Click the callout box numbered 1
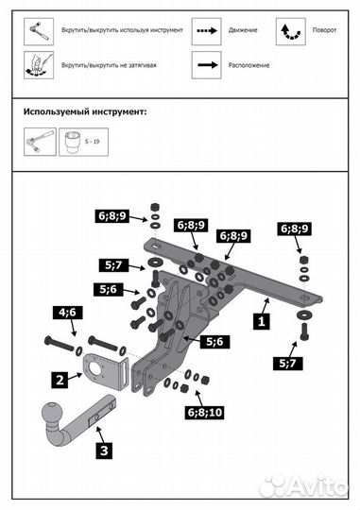pyautogui.click(x=262, y=321)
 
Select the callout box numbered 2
pyautogui.click(x=60, y=380)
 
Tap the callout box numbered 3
pyautogui.click(x=104, y=450)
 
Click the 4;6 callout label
pyautogui.click(x=67, y=313)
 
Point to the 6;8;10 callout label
pyautogui.click(x=205, y=413)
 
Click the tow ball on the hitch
pyautogui.click(x=52, y=412)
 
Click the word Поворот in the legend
pyautogui.click(x=324, y=30)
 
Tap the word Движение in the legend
pyautogui.click(x=243, y=30)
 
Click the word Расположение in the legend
pyautogui.click(x=249, y=65)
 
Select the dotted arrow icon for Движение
pyautogui.click(x=207, y=31)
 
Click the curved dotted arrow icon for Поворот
pyautogui.click(x=291, y=31)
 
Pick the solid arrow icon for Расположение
pyautogui.click(x=207, y=65)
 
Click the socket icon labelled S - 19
pyautogui.click(x=83, y=142)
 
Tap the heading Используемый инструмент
pyautogui.click(x=85, y=111)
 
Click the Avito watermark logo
pyautogui.click(x=303, y=487)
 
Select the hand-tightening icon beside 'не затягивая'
pyautogui.click(x=39, y=65)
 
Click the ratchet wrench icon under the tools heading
pyautogui.click(x=40, y=142)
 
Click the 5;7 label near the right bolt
pyautogui.click(x=288, y=363)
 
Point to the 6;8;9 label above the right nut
pyautogui.click(x=294, y=229)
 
